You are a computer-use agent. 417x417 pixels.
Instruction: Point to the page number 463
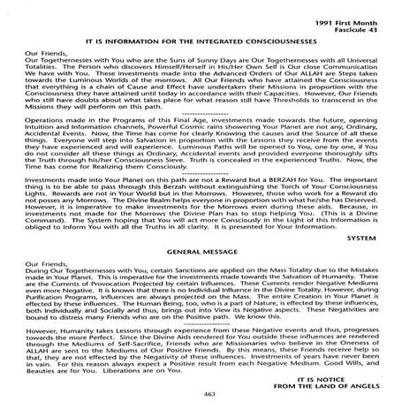[208, 390]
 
